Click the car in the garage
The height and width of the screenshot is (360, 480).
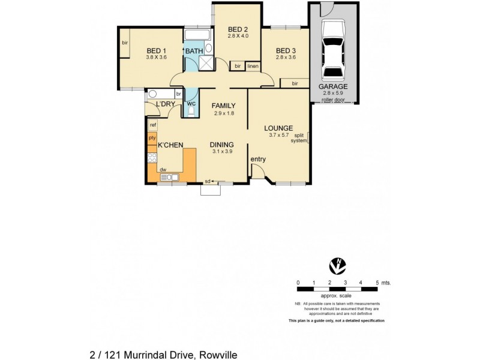click(x=334, y=50)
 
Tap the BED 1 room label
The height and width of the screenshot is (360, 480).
click(x=156, y=50)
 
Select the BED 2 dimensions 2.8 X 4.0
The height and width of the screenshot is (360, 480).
click(x=238, y=37)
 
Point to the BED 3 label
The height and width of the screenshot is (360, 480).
click(x=286, y=50)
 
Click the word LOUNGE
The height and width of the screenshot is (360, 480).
click(x=278, y=128)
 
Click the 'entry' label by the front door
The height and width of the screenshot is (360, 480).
click(x=258, y=159)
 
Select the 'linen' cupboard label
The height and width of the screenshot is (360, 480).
click(x=253, y=66)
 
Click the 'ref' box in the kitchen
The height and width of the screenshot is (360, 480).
click(x=153, y=125)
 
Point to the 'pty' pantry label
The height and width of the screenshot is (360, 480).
click(x=152, y=137)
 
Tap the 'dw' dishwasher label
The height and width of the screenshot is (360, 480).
click(x=163, y=170)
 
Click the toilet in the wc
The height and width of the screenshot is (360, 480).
click(x=191, y=110)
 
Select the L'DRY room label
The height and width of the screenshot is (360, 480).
click(x=165, y=105)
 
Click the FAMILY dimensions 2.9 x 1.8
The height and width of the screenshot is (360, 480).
click(x=223, y=113)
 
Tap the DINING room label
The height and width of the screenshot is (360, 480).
click(x=221, y=145)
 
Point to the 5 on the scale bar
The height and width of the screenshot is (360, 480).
click(x=377, y=282)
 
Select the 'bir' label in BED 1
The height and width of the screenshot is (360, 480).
click(x=125, y=43)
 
